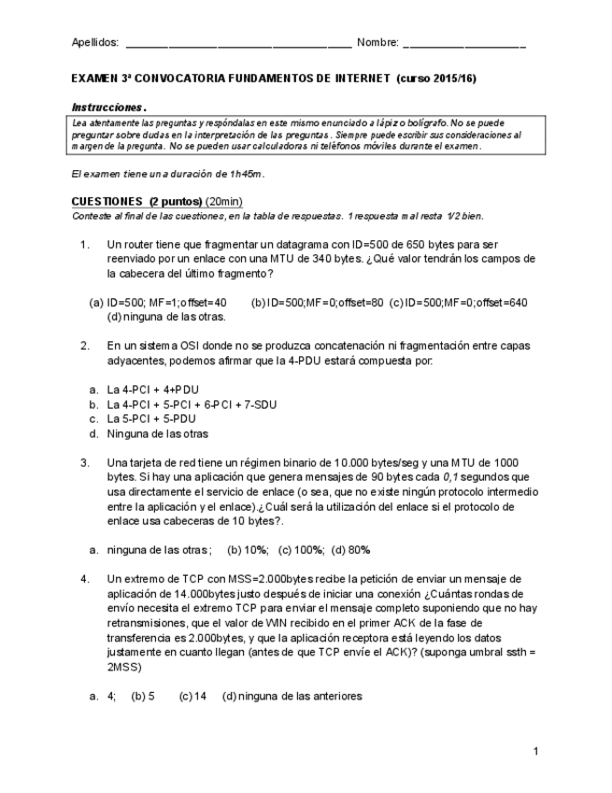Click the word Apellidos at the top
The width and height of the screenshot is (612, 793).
95,43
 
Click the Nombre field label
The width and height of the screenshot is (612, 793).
377,43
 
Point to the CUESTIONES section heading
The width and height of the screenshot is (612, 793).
107,201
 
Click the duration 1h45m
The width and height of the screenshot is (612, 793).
245,174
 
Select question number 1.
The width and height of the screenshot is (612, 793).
84,245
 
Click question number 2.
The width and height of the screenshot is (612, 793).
84,345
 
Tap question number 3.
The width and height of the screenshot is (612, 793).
84,462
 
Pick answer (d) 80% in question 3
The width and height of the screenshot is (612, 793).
351,550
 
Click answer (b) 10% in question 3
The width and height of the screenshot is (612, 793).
249,550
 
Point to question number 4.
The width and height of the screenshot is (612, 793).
84,579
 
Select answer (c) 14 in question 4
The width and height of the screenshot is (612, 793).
192,696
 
